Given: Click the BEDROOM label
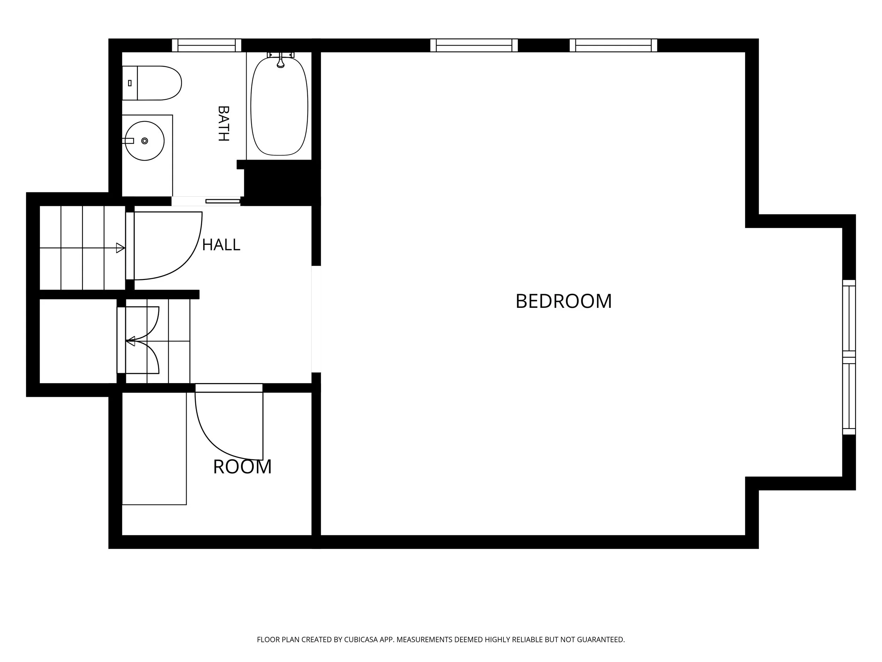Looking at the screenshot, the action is pyautogui.click(x=563, y=301).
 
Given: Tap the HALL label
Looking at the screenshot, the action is pyautogui.click(x=221, y=245).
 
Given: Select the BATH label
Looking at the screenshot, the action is pyautogui.click(x=224, y=123).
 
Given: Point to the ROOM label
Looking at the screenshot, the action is pyautogui.click(x=242, y=467).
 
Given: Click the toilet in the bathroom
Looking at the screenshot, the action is pyautogui.click(x=151, y=83).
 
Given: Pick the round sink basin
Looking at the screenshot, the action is pyautogui.click(x=145, y=141).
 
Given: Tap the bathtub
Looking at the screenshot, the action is pyautogui.click(x=279, y=106).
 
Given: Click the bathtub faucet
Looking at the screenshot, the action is pyautogui.click(x=281, y=60).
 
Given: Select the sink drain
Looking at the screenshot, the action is pyautogui.click(x=145, y=141).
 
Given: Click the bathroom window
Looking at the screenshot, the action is pyautogui.click(x=206, y=45).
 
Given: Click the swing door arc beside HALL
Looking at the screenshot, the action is pyautogui.click(x=187, y=260).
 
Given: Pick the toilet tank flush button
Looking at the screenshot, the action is pyautogui.click(x=129, y=83).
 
